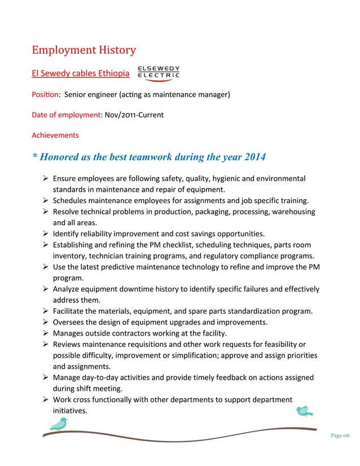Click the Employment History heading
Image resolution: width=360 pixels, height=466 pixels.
[84, 50]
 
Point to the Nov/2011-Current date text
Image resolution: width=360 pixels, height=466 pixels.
[133, 115]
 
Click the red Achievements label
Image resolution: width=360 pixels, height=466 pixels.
[55, 135]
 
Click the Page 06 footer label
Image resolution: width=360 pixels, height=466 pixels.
[340, 435]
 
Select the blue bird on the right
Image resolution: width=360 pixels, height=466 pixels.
[305, 411]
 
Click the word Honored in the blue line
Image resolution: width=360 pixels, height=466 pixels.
[63, 156]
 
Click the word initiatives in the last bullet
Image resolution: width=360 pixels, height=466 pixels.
[69, 411]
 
